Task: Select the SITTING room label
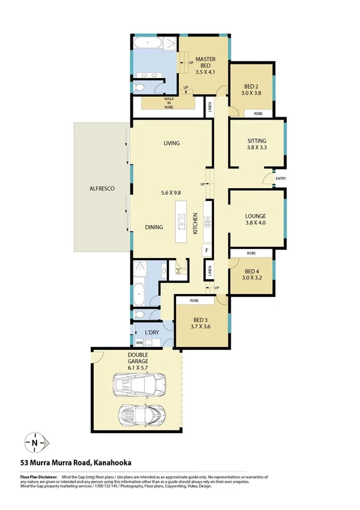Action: point(256,142)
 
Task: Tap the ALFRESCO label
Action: point(101,188)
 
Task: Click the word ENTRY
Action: point(281,179)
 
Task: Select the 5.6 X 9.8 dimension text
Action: point(171,193)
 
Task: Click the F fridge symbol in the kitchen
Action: point(207,250)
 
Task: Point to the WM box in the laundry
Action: point(139,342)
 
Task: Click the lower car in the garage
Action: point(142,414)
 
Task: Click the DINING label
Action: point(156,227)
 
